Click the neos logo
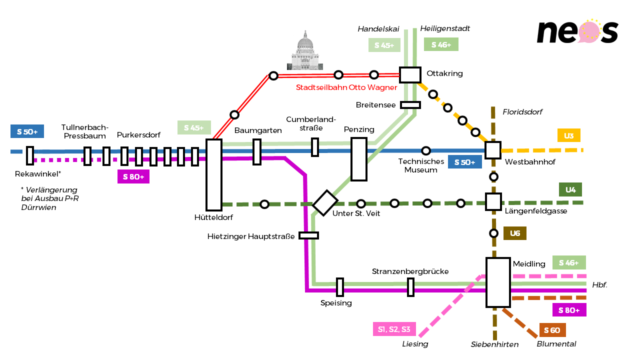tap(577, 31)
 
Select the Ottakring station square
tap(410, 75)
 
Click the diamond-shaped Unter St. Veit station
tap(325, 203)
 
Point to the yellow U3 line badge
tap(569, 135)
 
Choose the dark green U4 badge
tap(570, 189)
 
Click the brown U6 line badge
tap(515, 233)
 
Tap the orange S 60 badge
tap(552, 330)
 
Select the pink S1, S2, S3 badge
tap(394, 329)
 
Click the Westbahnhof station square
tap(493, 150)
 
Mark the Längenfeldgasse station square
tap(493, 201)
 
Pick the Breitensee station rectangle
tap(410, 105)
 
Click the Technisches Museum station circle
tap(425, 150)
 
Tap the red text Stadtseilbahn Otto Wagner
tap(346, 87)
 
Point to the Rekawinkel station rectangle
tap(29, 155)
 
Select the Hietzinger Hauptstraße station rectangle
tap(308, 235)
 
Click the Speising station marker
tap(339, 287)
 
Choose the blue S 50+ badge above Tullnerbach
tap(27, 131)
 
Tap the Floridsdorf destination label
tap(522, 111)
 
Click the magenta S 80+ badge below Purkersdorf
tap(133, 176)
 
